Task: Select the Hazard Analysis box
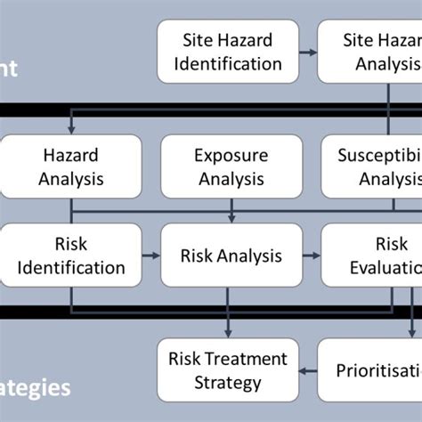[x=71, y=166]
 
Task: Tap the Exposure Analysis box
[x=231, y=166]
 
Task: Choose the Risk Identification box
[x=71, y=256]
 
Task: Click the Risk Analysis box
[x=231, y=256]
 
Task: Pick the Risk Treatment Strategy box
[x=228, y=370]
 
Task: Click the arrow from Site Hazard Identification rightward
[x=309, y=53]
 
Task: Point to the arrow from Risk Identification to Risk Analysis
[x=151, y=256]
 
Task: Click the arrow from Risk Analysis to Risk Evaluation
[x=312, y=256]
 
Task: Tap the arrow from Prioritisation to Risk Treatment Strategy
[x=309, y=369]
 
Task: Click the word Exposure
[x=231, y=156]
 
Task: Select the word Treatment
[x=240, y=359]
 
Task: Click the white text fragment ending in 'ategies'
[x=36, y=387]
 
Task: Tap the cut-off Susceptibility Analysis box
[x=371, y=166]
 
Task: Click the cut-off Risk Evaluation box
[x=371, y=256]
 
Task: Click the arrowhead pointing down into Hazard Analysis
[x=71, y=130]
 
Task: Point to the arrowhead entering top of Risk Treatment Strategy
[x=228, y=333]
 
